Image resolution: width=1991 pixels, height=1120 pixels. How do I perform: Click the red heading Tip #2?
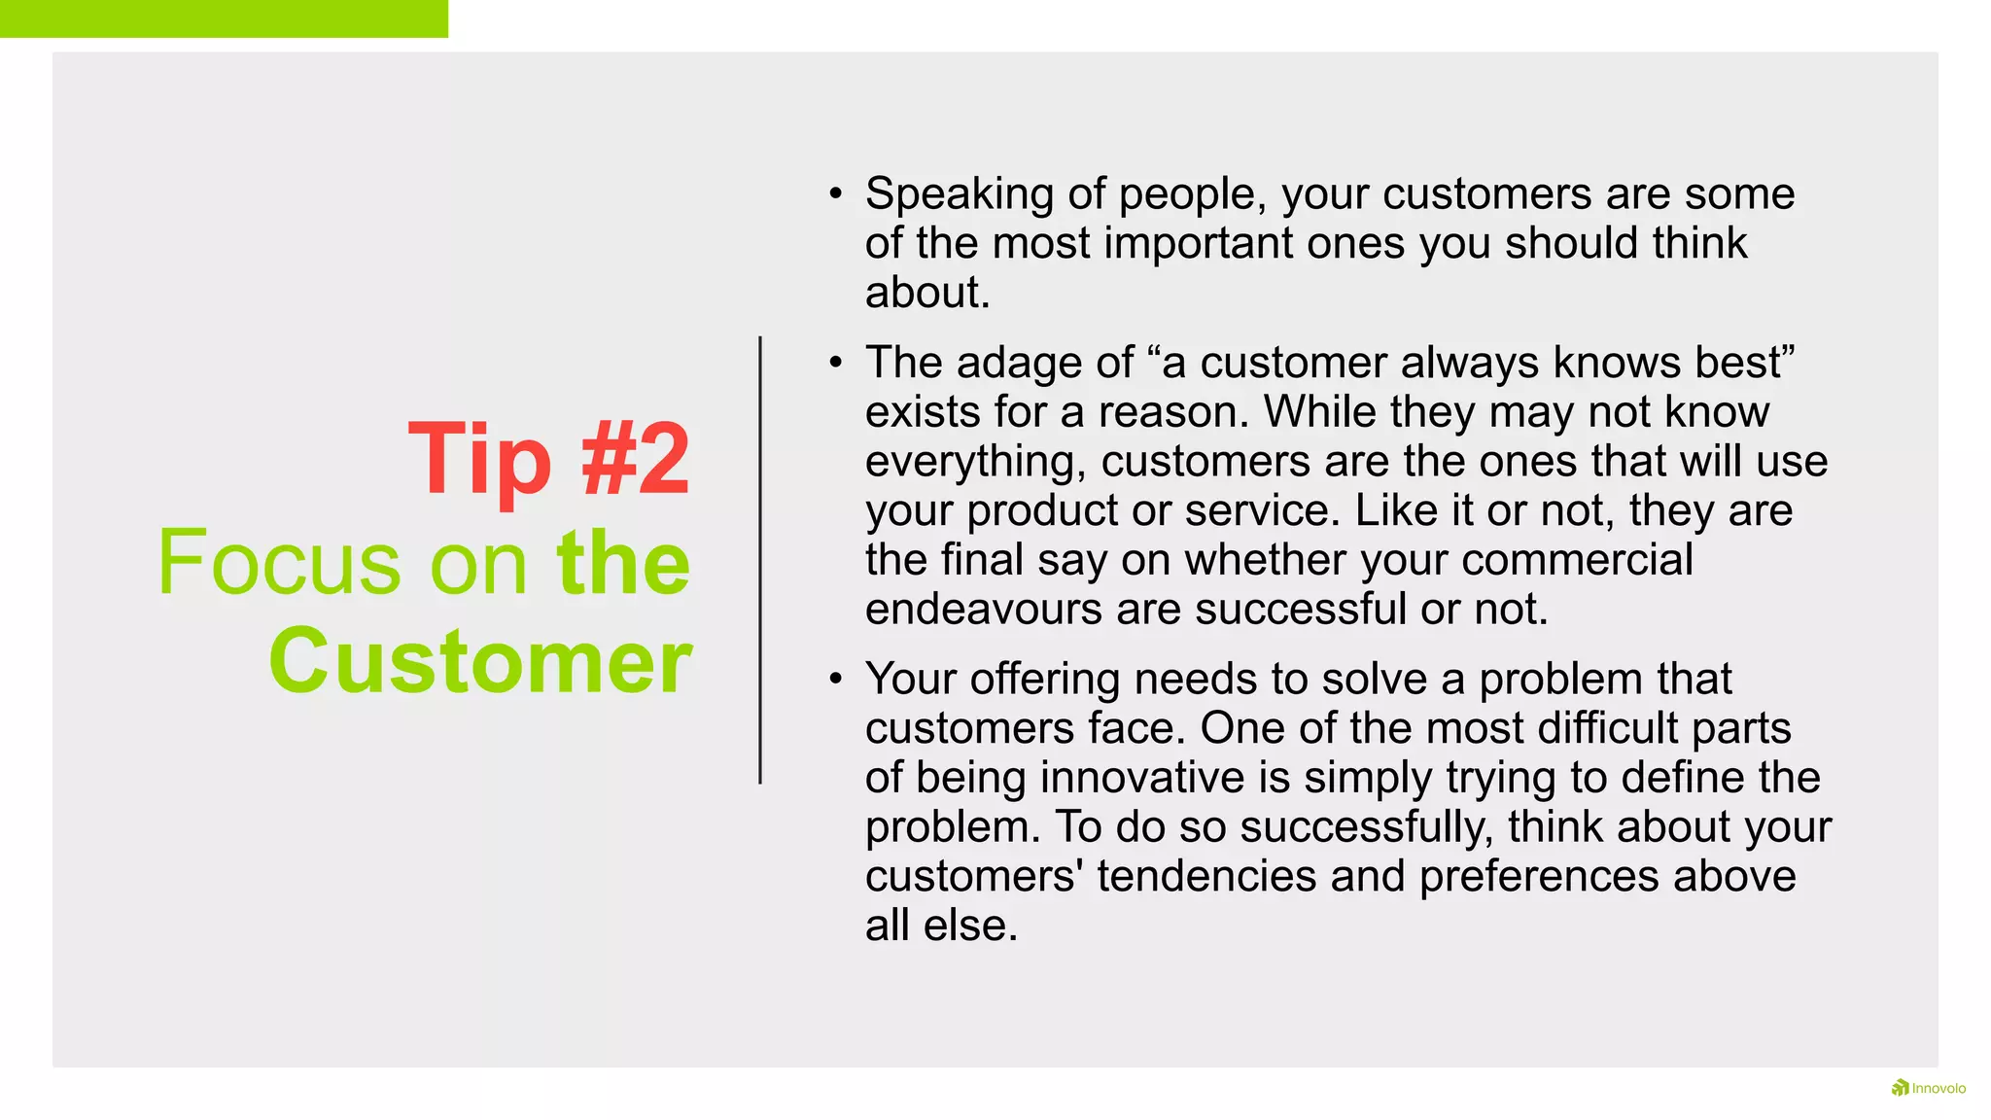coord(549,459)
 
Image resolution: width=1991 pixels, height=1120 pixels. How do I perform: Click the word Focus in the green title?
coord(279,563)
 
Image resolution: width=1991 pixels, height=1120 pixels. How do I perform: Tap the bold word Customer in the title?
coord(480,662)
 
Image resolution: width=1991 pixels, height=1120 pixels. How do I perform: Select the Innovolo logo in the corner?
coord(1928,1088)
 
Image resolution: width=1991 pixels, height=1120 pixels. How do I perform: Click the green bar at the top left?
coord(224,18)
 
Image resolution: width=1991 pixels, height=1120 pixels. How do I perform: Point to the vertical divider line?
coord(760,560)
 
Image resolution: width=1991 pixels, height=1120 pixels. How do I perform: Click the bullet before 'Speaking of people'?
coord(835,193)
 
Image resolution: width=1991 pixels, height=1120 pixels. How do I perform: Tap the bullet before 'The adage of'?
coord(835,363)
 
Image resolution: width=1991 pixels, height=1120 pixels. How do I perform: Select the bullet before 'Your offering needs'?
coord(835,679)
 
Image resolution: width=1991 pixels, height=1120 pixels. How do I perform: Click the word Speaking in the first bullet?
coord(960,194)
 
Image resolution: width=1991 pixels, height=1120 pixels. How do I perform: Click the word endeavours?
coord(984,610)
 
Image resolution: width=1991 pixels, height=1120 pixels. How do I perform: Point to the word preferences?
coord(1538,876)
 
